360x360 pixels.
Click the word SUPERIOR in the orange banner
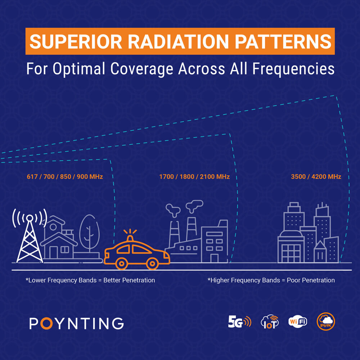pos(76,41)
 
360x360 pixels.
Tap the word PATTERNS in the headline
pos(283,41)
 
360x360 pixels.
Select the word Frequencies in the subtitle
pos(293,69)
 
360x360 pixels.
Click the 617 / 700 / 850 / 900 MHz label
pos(65,176)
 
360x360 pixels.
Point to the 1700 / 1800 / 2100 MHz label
pos(194,176)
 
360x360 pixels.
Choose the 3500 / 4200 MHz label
pos(316,176)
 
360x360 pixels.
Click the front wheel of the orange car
pos(152,264)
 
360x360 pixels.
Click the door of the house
pos(54,252)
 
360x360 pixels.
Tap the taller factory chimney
pos(191,229)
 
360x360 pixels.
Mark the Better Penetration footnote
pos(90,280)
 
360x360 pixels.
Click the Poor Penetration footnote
pos(271,280)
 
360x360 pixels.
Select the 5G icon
pos(239,321)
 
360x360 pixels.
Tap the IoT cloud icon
pos(270,321)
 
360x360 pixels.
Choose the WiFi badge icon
pos(298,321)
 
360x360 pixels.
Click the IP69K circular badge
pos(326,321)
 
